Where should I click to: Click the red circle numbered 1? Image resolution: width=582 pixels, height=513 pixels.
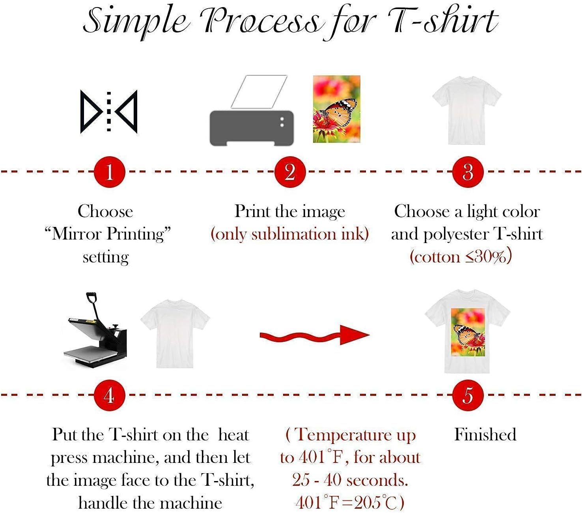click(x=109, y=172)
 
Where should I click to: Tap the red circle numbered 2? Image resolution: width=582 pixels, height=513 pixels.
click(x=290, y=172)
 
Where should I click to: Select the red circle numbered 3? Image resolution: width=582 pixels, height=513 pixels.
click(x=468, y=172)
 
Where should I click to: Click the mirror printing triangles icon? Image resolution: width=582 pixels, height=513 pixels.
click(x=109, y=112)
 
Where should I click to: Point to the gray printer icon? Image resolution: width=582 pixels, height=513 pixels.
click(x=252, y=127)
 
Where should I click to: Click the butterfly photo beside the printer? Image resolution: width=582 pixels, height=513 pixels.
click(x=336, y=109)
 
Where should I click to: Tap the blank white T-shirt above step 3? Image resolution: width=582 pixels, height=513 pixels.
click(x=466, y=110)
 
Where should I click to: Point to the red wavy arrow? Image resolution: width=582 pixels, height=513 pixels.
click(x=314, y=335)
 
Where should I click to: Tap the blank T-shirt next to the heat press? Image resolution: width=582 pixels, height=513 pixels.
click(x=175, y=334)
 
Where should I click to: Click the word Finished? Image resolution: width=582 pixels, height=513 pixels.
click(x=485, y=434)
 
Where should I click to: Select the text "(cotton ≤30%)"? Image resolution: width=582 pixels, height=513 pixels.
click(x=461, y=257)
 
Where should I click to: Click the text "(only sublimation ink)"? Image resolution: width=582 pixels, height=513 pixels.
click(x=290, y=234)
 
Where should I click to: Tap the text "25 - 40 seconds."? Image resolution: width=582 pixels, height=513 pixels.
click(x=350, y=480)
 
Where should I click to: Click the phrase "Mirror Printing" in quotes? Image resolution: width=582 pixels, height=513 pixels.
click(x=107, y=234)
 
